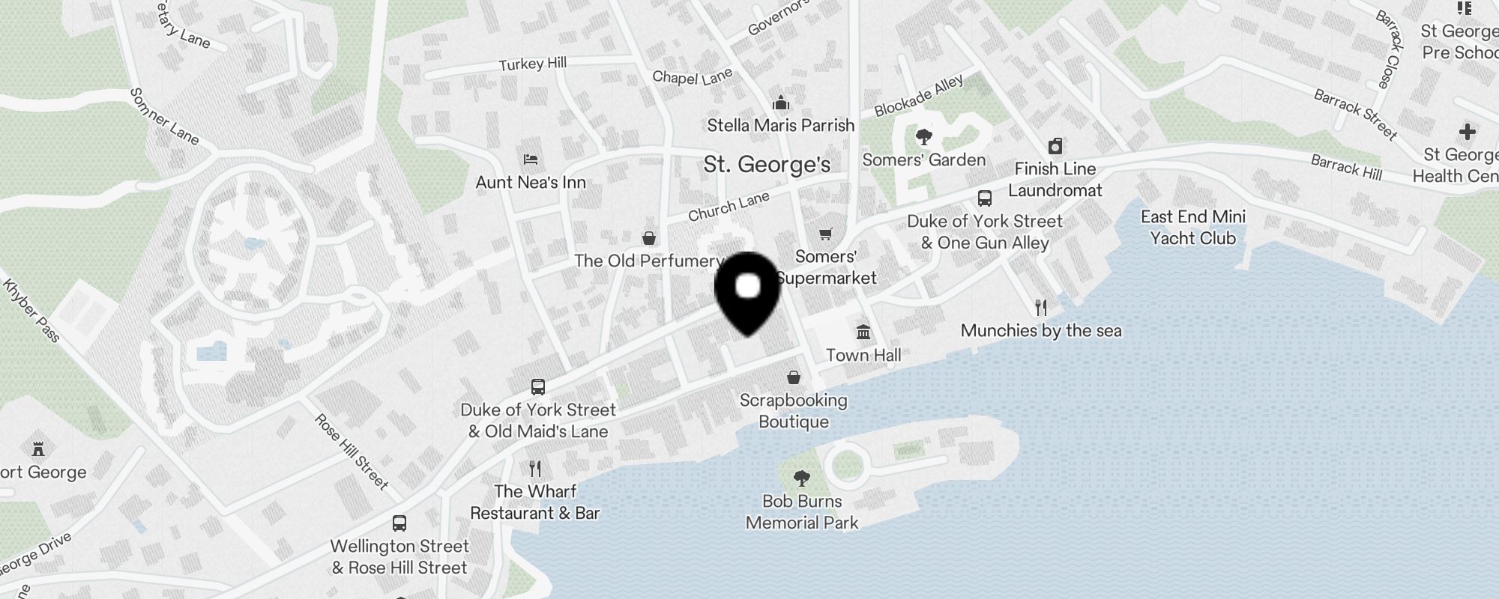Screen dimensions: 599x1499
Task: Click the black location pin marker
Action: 747,291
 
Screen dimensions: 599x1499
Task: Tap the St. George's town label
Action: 767,165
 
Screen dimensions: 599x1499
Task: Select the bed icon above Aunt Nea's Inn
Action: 531,159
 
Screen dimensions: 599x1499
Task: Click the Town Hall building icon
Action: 863,332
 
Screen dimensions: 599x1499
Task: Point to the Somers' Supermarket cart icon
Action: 825,234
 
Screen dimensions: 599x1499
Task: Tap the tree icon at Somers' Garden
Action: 923,137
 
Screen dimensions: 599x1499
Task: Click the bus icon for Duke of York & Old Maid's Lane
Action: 537,387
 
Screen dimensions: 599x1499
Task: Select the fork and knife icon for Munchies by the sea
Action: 1040,307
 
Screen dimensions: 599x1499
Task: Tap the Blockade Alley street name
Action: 918,97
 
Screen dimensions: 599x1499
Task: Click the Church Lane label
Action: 729,207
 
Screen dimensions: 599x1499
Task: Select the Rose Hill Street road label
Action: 352,451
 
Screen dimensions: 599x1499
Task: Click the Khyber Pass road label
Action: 31,310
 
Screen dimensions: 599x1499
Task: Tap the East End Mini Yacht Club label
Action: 1192,228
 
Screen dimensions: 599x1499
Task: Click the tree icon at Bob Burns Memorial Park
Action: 801,478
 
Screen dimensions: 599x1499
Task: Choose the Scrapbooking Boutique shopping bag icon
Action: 793,377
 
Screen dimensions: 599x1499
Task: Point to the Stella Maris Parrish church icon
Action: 780,103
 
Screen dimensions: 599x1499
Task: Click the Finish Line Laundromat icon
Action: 1055,145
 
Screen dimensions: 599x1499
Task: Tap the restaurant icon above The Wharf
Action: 534,469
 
